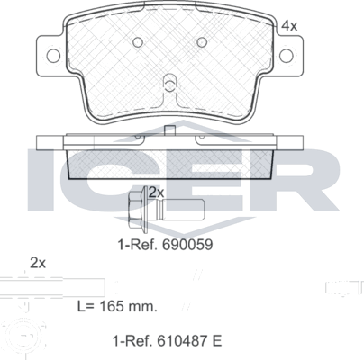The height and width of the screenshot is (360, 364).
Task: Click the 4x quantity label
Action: point(289,25)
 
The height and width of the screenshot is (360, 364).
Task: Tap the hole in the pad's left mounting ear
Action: point(52,56)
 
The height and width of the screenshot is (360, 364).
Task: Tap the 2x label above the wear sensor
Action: point(37,263)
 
